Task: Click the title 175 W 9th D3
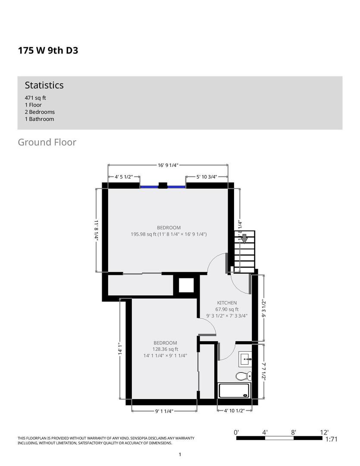coord(48,50)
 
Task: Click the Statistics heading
coord(44,85)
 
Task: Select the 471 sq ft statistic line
coord(35,98)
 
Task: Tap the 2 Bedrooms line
coord(40,112)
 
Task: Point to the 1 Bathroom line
coord(40,119)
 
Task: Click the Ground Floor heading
coord(47,142)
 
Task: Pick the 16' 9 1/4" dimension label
coord(168,165)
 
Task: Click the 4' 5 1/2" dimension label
coord(124,177)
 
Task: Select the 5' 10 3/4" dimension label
coord(207,177)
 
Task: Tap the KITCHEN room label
coord(227,303)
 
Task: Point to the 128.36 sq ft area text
coord(165,349)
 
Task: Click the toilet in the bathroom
coord(244,376)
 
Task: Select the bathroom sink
coord(245,359)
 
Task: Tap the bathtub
coord(235,390)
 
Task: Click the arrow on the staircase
coord(244,238)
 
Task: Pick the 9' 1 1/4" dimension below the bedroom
coord(164,411)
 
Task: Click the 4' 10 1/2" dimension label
coord(235,411)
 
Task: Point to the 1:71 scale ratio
coord(332,439)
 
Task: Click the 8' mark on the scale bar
coord(294,432)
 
